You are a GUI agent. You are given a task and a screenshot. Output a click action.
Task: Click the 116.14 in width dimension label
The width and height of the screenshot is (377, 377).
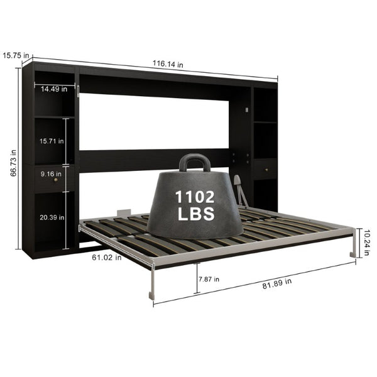click(168, 64)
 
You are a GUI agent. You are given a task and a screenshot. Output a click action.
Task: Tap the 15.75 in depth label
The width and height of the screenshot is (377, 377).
click(16, 55)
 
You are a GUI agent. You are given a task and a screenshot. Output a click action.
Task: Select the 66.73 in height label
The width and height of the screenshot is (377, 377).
click(13, 163)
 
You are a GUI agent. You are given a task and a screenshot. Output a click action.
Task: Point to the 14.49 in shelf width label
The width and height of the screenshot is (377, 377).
click(54, 89)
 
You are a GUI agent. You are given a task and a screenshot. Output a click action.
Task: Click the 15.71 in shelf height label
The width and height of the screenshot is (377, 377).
click(52, 141)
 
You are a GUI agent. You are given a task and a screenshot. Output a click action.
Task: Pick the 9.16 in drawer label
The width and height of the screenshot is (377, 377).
click(51, 173)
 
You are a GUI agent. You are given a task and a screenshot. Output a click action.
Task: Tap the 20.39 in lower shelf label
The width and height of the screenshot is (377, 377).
click(52, 217)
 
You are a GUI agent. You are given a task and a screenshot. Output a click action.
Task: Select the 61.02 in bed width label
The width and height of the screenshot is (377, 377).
click(107, 258)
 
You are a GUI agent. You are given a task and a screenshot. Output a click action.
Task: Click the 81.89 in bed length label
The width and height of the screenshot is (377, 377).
click(277, 283)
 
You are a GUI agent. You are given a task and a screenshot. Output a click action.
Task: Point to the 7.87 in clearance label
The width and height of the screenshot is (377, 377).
click(209, 279)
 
